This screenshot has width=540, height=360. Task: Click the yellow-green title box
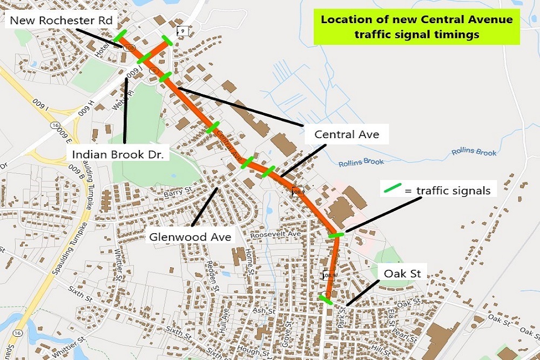(416, 26)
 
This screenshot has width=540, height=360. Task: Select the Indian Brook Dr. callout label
(121, 155)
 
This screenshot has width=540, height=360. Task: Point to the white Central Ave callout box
(347, 134)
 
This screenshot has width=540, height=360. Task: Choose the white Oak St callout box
(402, 273)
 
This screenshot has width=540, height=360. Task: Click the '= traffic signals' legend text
(447, 190)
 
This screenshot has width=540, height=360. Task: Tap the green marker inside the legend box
(393, 188)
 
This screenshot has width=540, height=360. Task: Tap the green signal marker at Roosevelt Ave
(336, 235)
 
